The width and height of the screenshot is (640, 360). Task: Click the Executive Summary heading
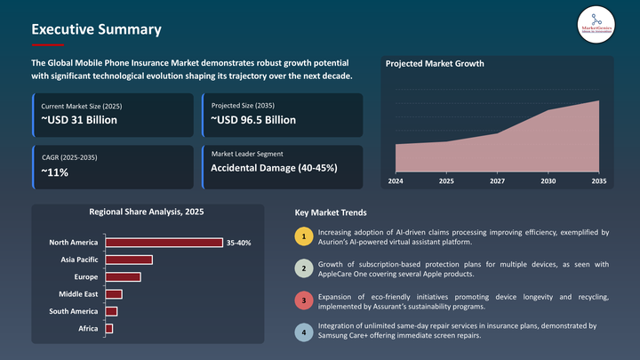96,29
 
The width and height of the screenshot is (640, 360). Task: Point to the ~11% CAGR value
55,172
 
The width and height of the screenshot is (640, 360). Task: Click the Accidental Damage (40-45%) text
274,168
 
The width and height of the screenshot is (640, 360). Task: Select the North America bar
164,243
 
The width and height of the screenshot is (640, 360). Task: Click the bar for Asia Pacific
129,260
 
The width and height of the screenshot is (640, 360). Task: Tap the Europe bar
123,277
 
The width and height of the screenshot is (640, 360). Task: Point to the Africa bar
109,329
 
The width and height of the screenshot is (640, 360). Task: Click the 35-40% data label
239,243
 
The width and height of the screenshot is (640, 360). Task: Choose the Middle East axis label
78,294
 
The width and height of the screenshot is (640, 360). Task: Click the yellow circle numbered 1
303,236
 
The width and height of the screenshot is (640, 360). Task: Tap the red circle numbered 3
303,300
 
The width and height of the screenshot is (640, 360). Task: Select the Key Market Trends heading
330,213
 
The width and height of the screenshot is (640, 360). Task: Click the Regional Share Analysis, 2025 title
146,212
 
